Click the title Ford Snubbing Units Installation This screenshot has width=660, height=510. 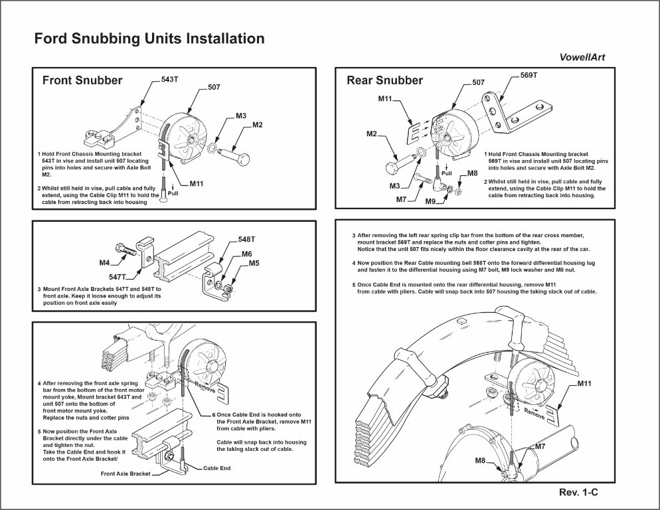click(149, 39)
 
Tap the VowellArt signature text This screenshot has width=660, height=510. click(577, 58)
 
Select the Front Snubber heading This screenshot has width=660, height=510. click(82, 80)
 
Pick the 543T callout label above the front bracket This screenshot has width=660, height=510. click(170, 80)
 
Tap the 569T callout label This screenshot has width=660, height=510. click(529, 76)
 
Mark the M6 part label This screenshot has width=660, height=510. click(246, 254)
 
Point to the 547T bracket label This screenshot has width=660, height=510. click(118, 276)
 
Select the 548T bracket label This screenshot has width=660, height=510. click(248, 239)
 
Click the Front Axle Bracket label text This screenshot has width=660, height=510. click(125, 473)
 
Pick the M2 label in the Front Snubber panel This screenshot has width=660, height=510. click(258, 125)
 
